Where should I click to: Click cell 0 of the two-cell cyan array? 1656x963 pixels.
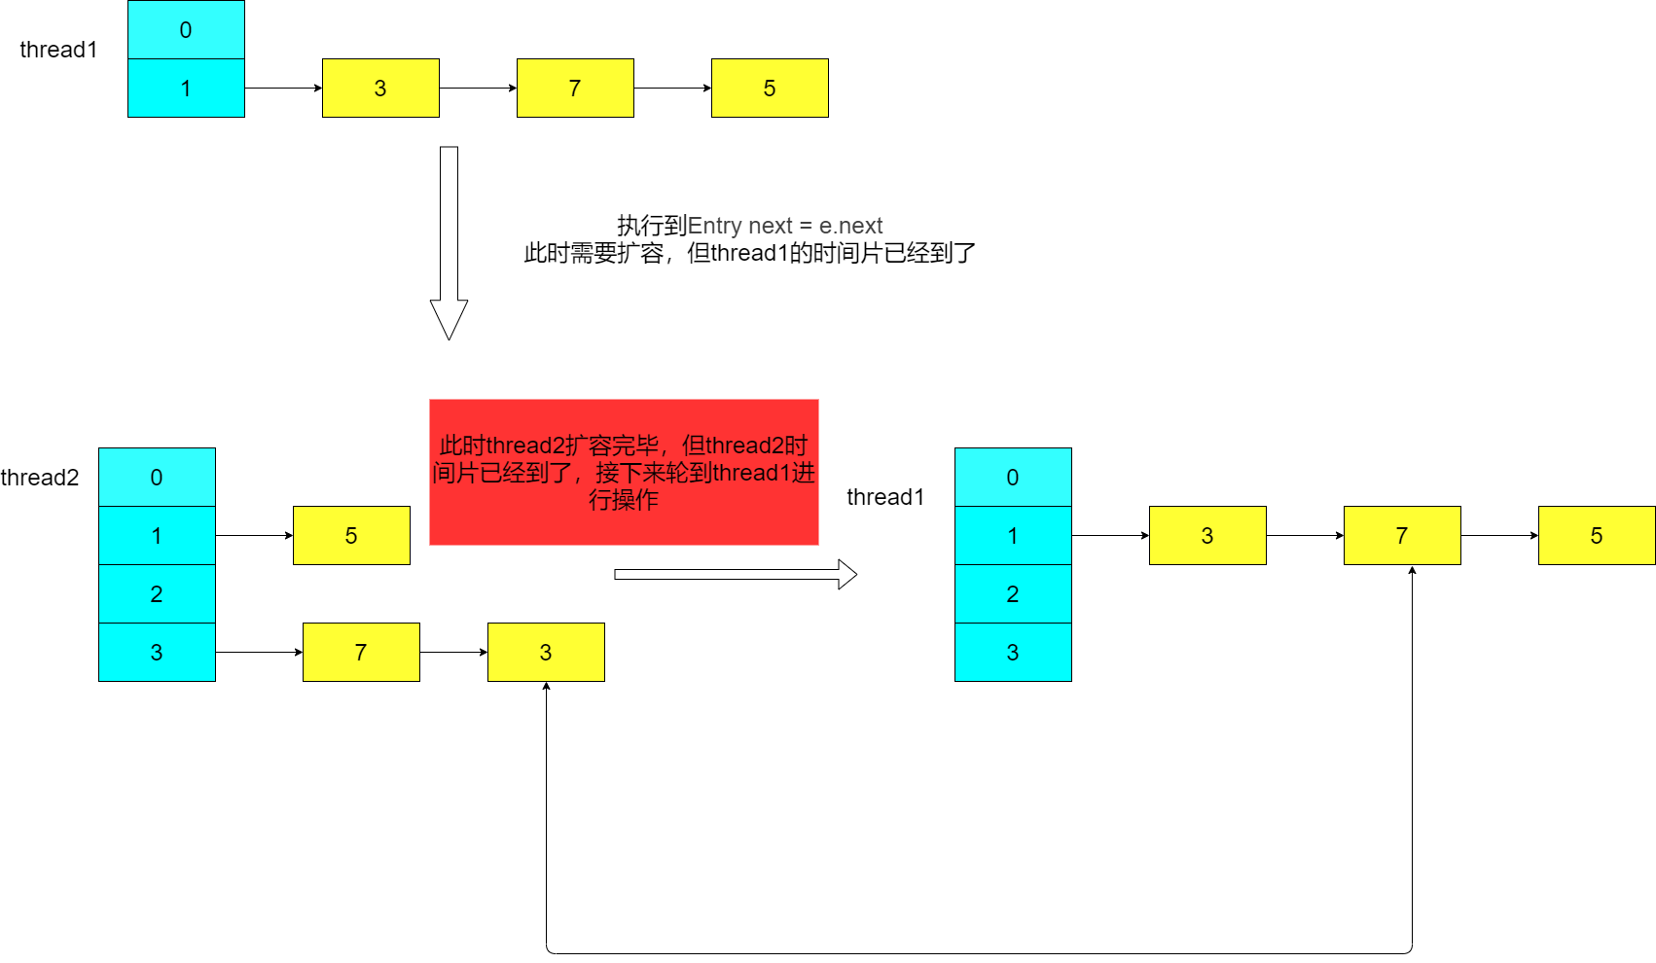click(186, 29)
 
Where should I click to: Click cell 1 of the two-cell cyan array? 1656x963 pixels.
click(186, 88)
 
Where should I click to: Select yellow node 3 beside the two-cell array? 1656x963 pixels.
click(380, 88)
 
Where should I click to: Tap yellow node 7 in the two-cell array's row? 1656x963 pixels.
click(575, 88)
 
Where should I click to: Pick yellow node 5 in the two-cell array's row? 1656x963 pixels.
click(770, 88)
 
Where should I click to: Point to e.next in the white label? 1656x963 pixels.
click(850, 226)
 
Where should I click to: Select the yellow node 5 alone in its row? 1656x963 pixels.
click(351, 535)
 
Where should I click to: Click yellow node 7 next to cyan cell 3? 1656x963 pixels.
click(361, 652)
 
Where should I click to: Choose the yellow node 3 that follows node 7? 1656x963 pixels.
click(546, 652)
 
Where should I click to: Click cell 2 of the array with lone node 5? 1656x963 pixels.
click(157, 593)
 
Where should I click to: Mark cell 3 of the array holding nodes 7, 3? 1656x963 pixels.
click(157, 652)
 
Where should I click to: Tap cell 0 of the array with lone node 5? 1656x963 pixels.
click(157, 477)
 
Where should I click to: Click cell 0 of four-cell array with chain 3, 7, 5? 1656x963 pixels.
click(1013, 477)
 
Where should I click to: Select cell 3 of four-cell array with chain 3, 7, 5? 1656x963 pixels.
click(1013, 652)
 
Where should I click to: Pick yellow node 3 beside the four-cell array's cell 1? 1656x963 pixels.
click(1207, 535)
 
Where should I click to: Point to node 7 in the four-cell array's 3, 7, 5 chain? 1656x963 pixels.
click(1402, 535)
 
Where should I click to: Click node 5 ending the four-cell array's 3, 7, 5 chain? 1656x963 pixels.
click(1597, 535)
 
